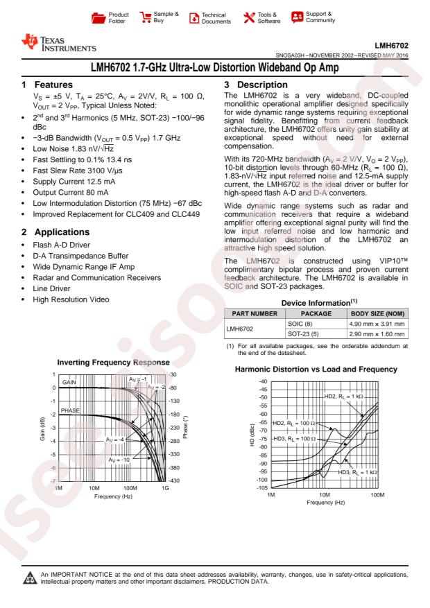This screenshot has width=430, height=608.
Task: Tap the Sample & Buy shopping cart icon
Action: pyautogui.click(x=146, y=15)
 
